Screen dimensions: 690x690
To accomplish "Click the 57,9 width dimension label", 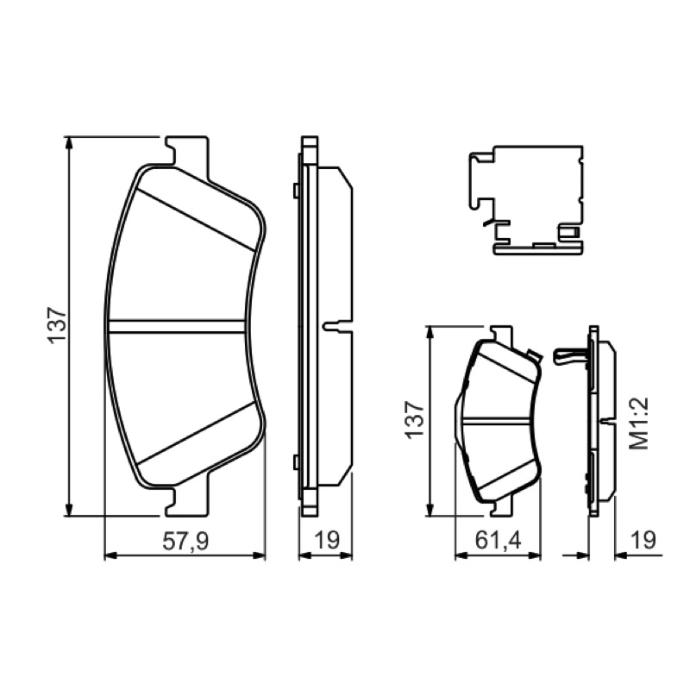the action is point(185,541).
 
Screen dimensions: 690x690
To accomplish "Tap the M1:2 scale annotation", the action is point(639,423).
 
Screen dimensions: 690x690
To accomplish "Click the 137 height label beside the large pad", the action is point(57,326).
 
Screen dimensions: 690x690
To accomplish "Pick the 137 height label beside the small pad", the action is point(415,420).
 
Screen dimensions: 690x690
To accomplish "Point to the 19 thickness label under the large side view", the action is point(328,541).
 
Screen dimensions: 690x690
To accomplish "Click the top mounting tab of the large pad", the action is point(186,153).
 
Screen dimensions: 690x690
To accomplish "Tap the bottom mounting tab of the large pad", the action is point(186,500).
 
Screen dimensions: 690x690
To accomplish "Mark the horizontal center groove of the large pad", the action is point(177,326).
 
